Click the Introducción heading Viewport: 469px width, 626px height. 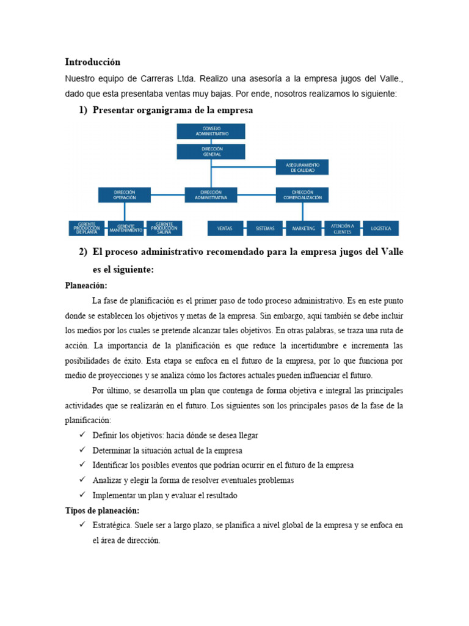click(x=93, y=62)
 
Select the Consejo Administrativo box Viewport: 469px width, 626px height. click(x=211, y=131)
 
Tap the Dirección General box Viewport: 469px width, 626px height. click(x=211, y=152)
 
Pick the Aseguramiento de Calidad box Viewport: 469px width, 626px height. click(x=302, y=167)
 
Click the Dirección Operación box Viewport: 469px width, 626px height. click(x=125, y=195)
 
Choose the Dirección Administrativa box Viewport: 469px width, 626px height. click(x=211, y=195)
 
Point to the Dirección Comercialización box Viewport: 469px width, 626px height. click(x=302, y=195)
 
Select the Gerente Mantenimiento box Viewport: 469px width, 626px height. click(x=126, y=228)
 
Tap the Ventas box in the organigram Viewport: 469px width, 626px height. click(x=225, y=228)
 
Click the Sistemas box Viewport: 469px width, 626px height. click(x=265, y=228)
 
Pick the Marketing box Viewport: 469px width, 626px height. click(x=304, y=228)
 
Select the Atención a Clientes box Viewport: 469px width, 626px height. click(x=343, y=228)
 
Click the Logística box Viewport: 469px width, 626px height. click(x=380, y=228)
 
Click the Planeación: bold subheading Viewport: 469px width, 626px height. click(x=86, y=285)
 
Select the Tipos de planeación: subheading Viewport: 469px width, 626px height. click(x=102, y=510)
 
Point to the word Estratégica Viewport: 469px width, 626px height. click(x=112, y=525)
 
